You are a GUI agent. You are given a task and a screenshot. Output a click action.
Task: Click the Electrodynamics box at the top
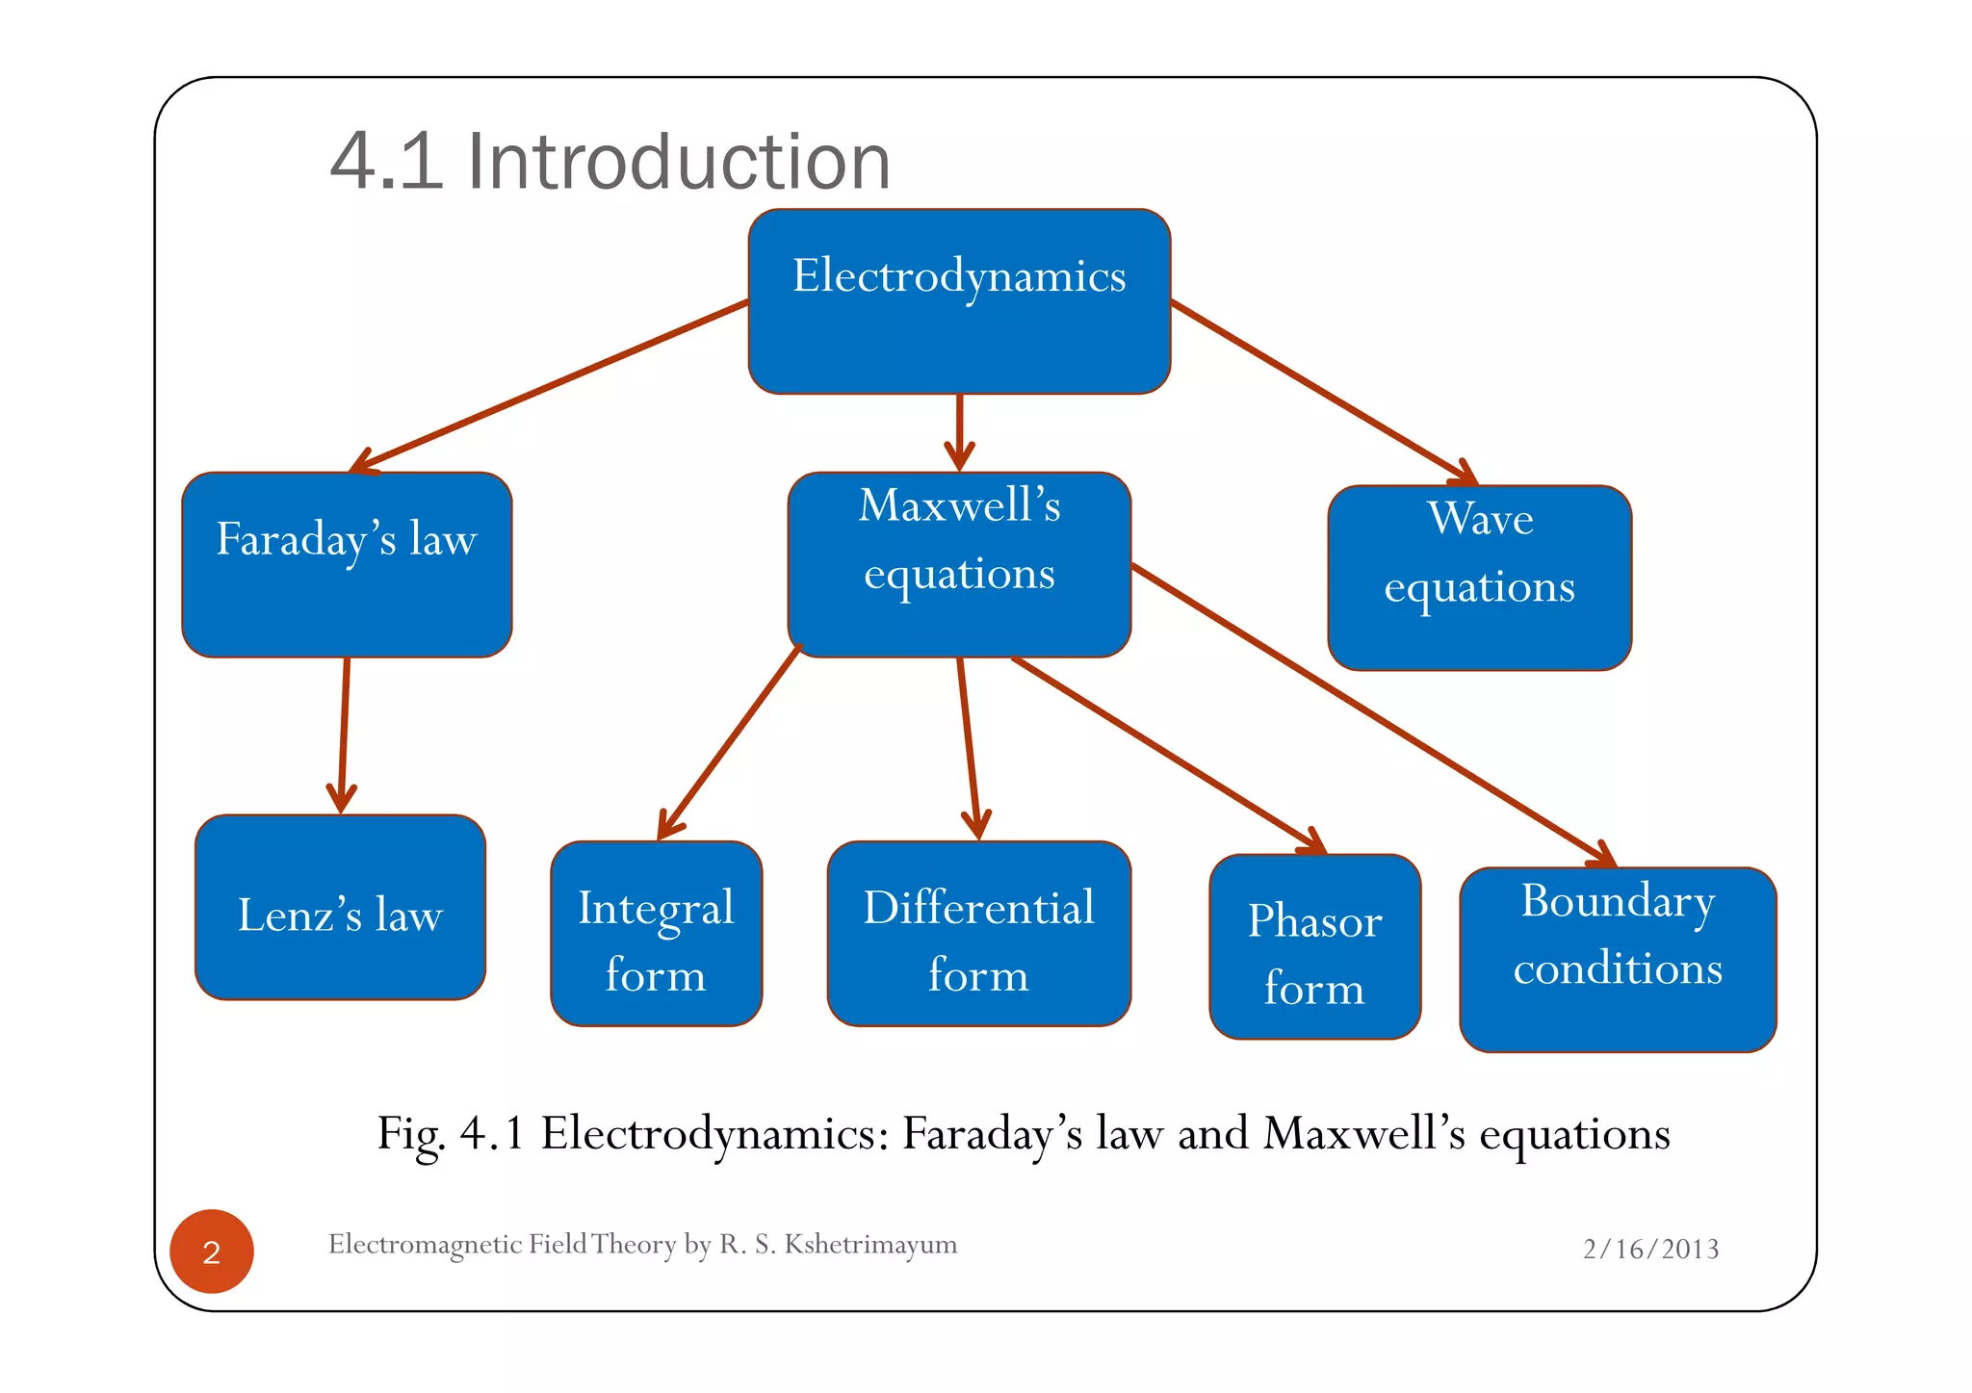[x=959, y=301]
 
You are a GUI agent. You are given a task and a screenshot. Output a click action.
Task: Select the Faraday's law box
[x=347, y=565]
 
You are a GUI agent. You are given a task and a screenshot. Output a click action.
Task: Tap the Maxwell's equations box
[x=959, y=565]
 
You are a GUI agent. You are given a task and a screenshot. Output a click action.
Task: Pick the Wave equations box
[x=1479, y=578]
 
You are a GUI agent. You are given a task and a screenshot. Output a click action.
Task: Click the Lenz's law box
[x=340, y=908]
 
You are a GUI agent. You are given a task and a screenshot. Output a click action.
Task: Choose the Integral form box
[x=656, y=934]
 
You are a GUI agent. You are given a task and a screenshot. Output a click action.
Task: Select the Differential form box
[x=978, y=934]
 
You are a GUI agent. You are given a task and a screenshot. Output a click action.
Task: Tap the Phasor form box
[x=1314, y=947]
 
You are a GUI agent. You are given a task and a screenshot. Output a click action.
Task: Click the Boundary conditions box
[x=1618, y=960]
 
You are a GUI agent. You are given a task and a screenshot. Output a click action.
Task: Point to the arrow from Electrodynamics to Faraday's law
[x=549, y=385]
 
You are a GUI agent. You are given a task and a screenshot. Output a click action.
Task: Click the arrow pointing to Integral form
[x=729, y=741]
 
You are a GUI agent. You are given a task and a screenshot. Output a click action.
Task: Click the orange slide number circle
[x=212, y=1251]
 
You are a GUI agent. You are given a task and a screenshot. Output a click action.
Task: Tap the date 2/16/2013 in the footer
[x=1650, y=1250]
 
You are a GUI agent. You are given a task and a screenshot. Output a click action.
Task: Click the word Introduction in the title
[x=679, y=162]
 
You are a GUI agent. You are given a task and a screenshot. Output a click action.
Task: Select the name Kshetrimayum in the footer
[x=870, y=1245]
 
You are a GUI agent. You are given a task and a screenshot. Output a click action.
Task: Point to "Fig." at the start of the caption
[x=410, y=1134]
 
